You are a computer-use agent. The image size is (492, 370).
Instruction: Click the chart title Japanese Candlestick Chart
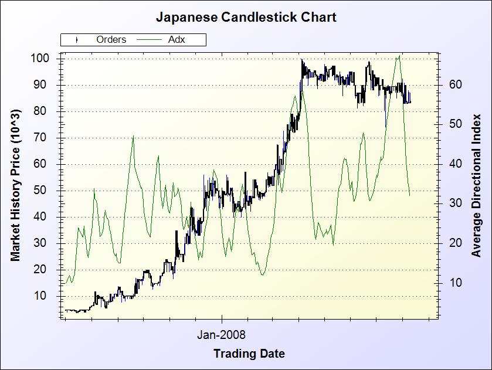tap(246, 17)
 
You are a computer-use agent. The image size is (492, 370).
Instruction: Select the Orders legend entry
tap(111, 40)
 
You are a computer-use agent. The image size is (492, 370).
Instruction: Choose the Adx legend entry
tap(177, 40)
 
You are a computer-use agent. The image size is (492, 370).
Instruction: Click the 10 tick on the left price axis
tap(49, 296)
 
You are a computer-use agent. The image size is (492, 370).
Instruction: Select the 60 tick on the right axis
tap(455, 84)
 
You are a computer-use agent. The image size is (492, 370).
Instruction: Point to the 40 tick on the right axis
tap(455, 164)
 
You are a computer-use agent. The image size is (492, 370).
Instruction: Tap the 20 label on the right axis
tap(455, 243)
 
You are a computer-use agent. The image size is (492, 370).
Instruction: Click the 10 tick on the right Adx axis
tap(455, 283)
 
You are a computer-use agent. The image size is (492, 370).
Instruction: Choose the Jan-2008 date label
tap(221, 335)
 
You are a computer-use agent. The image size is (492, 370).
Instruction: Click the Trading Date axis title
tap(249, 354)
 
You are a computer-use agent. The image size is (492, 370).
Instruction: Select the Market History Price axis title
tap(16, 185)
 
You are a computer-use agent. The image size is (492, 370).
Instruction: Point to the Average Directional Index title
tap(476, 185)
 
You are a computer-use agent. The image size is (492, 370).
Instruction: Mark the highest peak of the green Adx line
tap(399, 56)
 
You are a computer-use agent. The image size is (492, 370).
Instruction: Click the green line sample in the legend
tap(149, 40)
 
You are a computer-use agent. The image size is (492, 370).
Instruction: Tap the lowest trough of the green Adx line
tap(262, 274)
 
